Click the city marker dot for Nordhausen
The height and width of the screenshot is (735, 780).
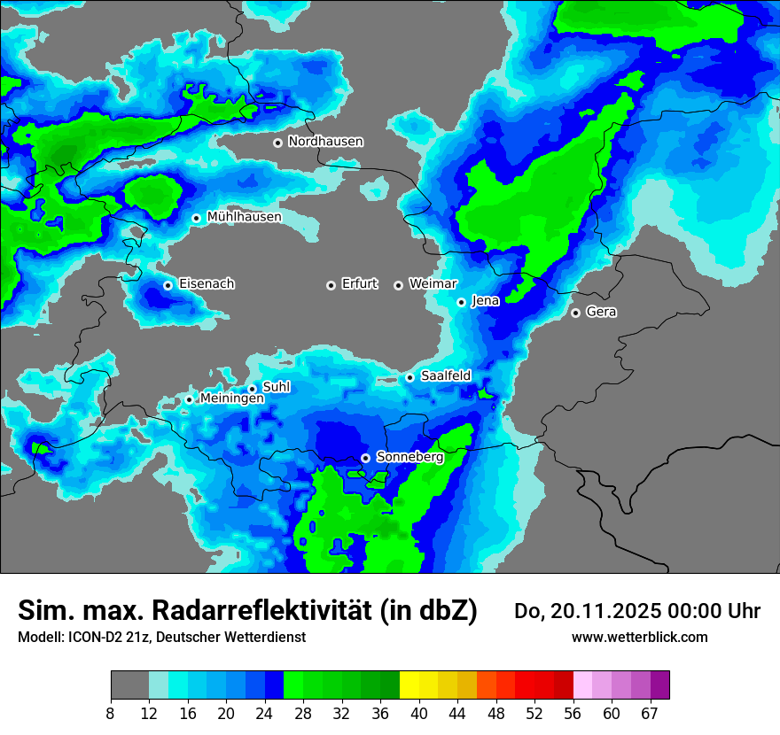tap(277, 143)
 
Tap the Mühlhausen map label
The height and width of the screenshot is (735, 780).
tap(244, 217)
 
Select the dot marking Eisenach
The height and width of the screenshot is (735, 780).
tap(168, 285)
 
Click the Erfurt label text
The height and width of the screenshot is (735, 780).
tap(359, 284)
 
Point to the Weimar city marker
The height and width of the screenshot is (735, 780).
tap(398, 285)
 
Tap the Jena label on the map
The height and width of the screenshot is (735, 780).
tap(485, 301)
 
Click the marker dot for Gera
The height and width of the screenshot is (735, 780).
tap(575, 313)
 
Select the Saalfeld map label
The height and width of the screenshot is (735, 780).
tap(446, 376)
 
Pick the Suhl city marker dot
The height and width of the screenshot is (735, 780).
tap(252, 388)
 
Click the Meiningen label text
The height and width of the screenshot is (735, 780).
tap(231, 399)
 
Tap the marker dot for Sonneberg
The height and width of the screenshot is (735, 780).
tap(365, 458)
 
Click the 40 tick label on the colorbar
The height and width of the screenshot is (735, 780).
tap(419, 713)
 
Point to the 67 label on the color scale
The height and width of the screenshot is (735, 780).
tap(650, 713)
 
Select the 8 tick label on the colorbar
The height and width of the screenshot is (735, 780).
tap(111, 713)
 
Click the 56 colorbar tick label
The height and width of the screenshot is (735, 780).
tap(573, 713)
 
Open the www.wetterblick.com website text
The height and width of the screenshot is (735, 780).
tap(639, 638)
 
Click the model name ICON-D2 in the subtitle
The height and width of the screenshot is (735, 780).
tap(94, 638)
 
